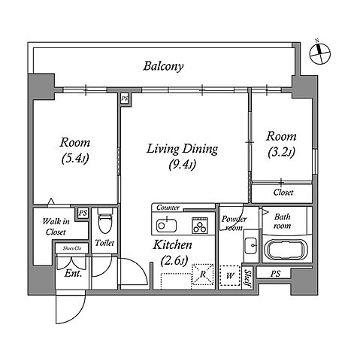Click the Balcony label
(x=163, y=66)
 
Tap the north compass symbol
(x=319, y=53)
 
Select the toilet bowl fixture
(x=104, y=221)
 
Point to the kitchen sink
(x=166, y=225)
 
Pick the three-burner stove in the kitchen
(x=200, y=225)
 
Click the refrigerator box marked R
(x=202, y=275)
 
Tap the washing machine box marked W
(x=230, y=275)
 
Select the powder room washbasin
(x=251, y=245)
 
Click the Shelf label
(x=247, y=278)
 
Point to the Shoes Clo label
(x=72, y=248)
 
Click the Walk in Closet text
(x=56, y=226)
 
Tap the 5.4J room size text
(x=75, y=159)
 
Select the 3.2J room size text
(x=281, y=152)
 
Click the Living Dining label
(x=182, y=149)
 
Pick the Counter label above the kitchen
(x=168, y=208)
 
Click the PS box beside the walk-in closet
(x=83, y=213)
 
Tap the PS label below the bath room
(x=275, y=274)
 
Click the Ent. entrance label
(x=73, y=273)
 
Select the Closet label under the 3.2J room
(x=283, y=193)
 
